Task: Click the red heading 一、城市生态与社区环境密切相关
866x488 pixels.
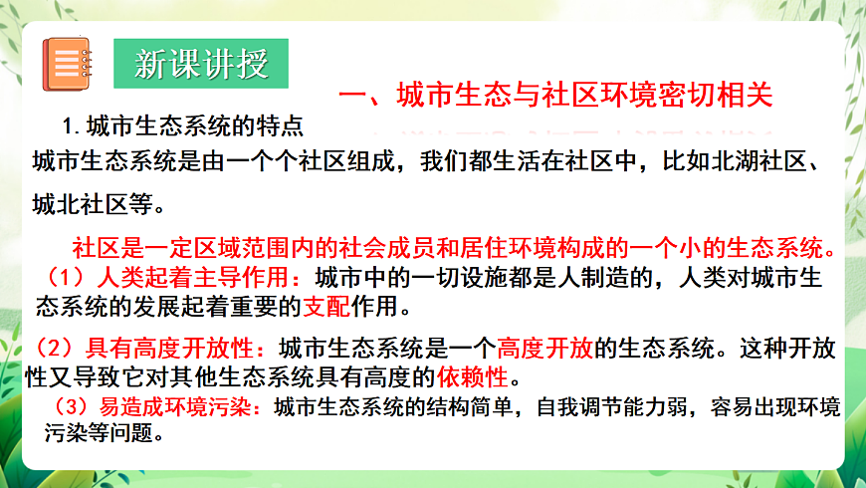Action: point(556,96)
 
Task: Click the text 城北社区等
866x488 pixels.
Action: point(95,205)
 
